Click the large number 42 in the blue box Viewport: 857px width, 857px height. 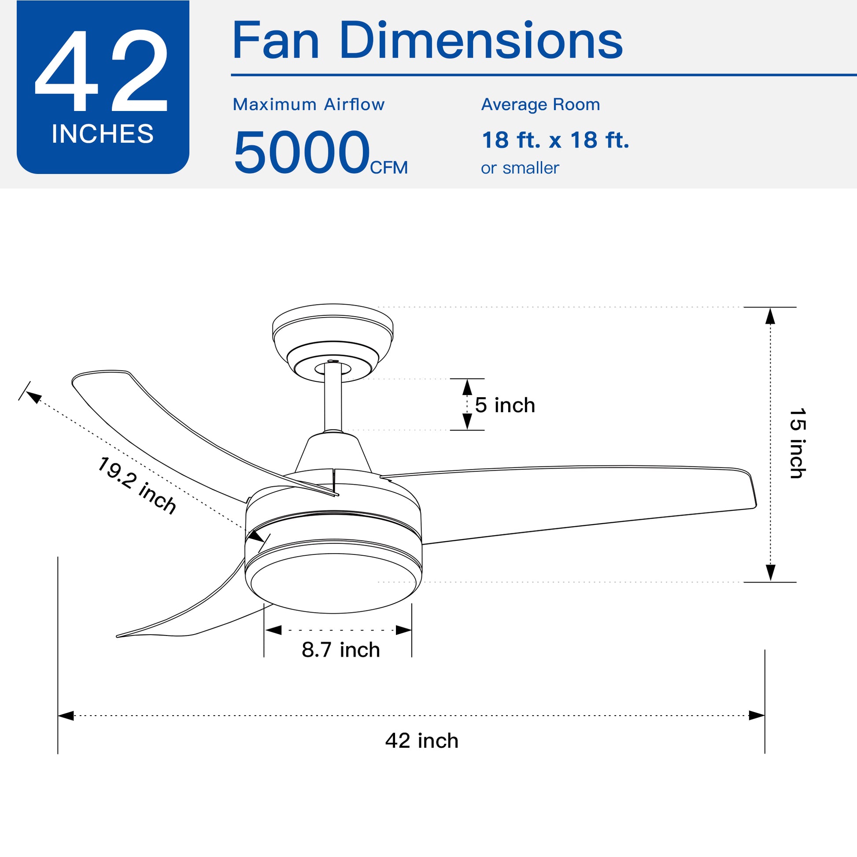click(x=102, y=71)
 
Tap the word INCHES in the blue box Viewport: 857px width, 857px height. click(x=103, y=133)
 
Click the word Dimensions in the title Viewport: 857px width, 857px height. click(x=481, y=41)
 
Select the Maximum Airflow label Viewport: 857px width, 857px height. click(x=309, y=105)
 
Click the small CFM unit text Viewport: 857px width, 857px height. click(x=388, y=168)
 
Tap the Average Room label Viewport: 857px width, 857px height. click(x=540, y=105)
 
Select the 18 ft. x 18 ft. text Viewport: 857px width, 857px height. click(x=555, y=140)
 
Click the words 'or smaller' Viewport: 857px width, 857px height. click(x=520, y=168)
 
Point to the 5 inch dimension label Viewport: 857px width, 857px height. click(x=505, y=405)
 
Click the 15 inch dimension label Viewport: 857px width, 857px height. click(x=798, y=443)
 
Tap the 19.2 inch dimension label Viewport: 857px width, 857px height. click(x=137, y=485)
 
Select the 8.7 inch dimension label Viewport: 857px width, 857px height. click(x=341, y=650)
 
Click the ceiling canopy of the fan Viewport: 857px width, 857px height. click(x=332, y=330)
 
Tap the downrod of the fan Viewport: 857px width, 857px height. click(x=332, y=397)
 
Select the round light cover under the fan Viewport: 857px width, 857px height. click(x=332, y=584)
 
